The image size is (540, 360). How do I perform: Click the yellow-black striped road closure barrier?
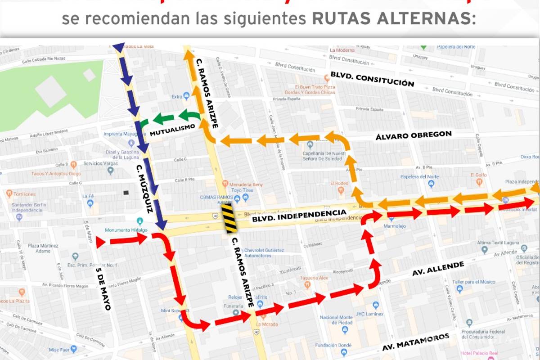[230, 219]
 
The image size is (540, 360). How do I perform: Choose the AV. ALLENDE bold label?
[438, 269]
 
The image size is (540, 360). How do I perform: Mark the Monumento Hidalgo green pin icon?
[139, 221]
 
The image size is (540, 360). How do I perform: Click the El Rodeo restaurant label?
[340, 183]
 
